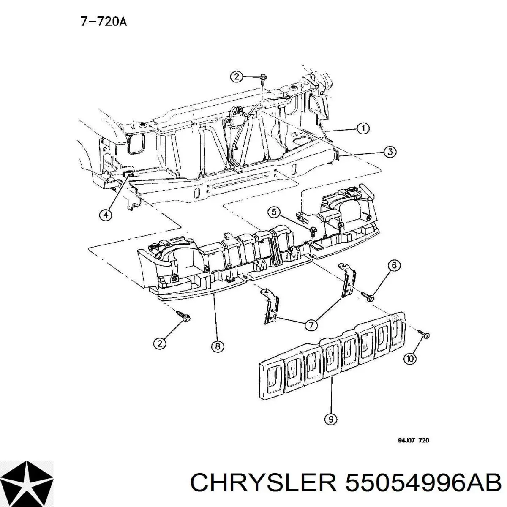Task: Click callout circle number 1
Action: (363, 128)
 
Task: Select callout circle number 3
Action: (389, 152)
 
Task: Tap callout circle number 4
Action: (106, 215)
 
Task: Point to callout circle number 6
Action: (393, 265)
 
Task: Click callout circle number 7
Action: (311, 325)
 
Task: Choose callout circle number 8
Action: (217, 346)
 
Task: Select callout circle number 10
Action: (410, 359)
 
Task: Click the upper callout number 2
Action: (237, 76)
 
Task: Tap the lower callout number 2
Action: (159, 343)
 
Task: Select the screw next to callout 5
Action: (313, 231)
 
